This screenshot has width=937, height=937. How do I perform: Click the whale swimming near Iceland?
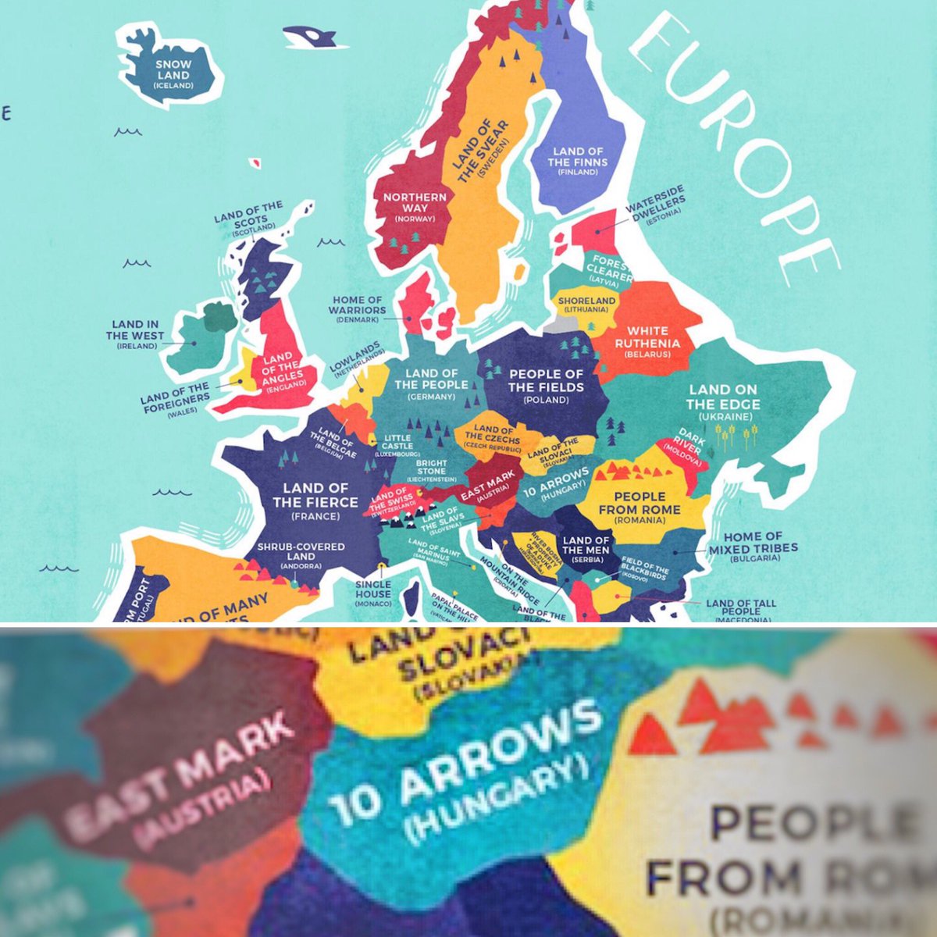[x=308, y=36]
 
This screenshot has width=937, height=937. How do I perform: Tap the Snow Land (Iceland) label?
[x=173, y=75]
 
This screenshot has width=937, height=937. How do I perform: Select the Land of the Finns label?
[x=578, y=161]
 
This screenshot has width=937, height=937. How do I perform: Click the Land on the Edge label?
[x=722, y=401]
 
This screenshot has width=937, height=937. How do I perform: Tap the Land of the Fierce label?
[x=315, y=501]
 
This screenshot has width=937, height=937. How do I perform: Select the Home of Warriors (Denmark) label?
[x=358, y=309]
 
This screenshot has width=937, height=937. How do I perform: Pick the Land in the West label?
[x=137, y=334]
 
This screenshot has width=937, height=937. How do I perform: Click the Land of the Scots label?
[x=249, y=216]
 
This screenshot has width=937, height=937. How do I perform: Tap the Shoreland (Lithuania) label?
[x=587, y=304]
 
